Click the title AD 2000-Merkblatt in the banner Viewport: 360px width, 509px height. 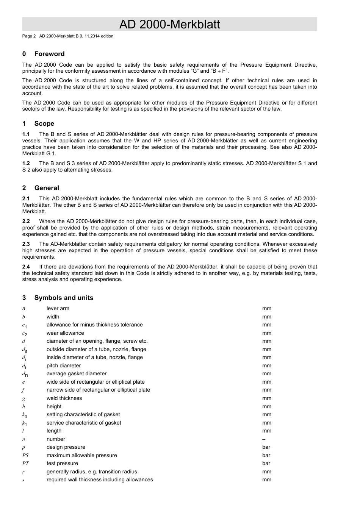tap(169, 24)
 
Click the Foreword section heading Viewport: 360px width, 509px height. tap(49, 54)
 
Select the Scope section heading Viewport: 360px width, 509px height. tap(44, 123)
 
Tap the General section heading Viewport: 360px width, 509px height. tap(47, 188)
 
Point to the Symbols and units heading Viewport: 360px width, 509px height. tap(64, 298)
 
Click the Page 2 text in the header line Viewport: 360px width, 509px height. tap(29, 36)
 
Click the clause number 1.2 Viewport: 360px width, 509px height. tap(26, 163)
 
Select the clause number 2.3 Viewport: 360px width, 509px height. tap(26, 244)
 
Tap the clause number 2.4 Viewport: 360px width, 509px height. tap(26, 267)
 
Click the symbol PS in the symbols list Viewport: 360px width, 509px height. tap(25, 456)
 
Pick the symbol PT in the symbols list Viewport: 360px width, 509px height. tap(25, 464)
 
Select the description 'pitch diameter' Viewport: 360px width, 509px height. tap(64, 365)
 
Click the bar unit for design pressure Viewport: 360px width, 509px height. tap(266, 447)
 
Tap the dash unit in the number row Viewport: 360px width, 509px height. tap(264, 439)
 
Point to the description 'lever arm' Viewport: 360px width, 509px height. tap(58, 308)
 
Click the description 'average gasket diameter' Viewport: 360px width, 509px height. tap(77, 374)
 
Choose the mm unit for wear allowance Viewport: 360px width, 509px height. tap(267, 333)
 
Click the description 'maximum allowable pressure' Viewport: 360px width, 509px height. tap(81, 455)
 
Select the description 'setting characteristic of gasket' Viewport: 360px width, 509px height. tap(83, 414)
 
